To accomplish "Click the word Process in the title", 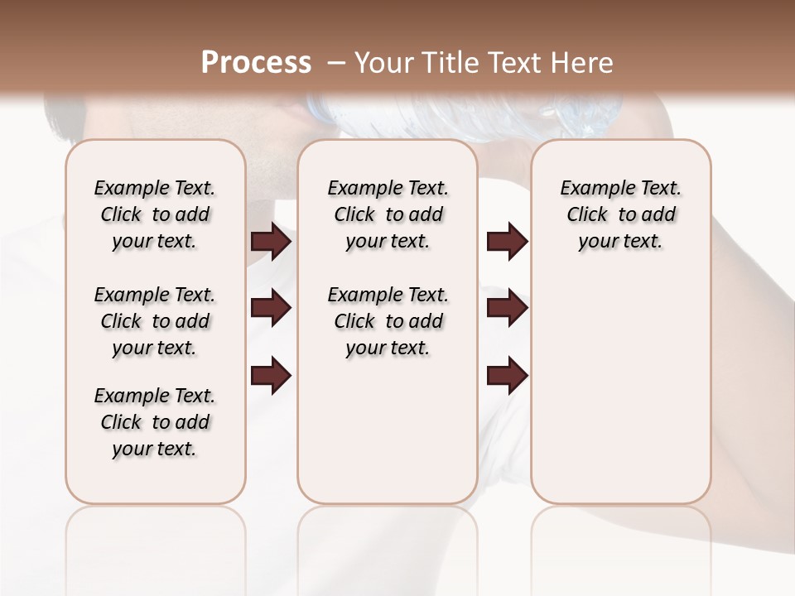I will tap(256, 62).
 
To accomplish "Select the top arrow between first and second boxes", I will tap(271, 242).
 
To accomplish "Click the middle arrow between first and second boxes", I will tap(271, 308).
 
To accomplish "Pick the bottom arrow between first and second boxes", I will tap(271, 375).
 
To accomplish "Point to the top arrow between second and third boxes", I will tap(507, 242).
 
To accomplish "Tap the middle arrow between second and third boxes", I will tap(507, 308).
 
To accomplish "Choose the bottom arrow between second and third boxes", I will tap(507, 375).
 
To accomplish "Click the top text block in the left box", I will tap(155, 214).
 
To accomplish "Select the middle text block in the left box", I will tap(155, 321).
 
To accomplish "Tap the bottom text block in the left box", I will tap(155, 422).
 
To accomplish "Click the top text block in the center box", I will tap(388, 214).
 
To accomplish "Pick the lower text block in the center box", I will tap(388, 321).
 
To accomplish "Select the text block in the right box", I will tap(620, 214).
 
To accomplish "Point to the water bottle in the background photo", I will tap(464, 116).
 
